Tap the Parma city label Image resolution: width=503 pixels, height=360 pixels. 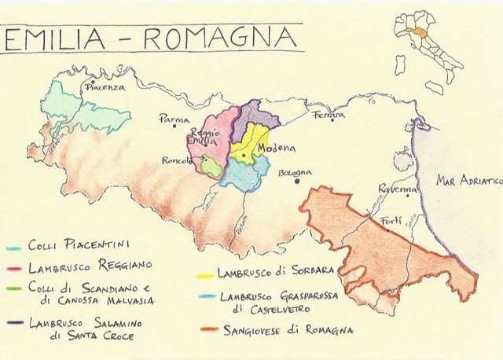click(174, 120)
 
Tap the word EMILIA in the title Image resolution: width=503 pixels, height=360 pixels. click(54, 37)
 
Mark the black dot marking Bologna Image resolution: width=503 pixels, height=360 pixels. click(298, 181)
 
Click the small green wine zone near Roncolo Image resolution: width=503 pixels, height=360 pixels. click(210, 166)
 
